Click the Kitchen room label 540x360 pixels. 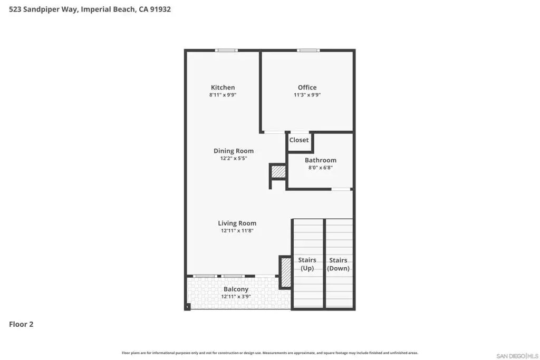pos(223,87)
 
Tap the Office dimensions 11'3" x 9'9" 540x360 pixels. pos(307,95)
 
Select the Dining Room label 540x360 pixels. pos(234,151)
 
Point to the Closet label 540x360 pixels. pos(299,140)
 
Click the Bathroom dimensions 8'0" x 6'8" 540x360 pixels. pos(321,168)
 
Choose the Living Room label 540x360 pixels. pos(237,223)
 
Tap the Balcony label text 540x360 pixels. pos(236,289)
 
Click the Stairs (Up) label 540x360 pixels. pos(307,264)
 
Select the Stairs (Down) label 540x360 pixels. pos(338,264)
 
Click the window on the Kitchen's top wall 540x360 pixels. pos(226,51)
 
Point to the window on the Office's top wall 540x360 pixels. pos(308,51)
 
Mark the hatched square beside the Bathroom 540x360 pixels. pos(278,172)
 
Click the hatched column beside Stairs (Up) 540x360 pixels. pos(286,272)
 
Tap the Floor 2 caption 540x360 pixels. pos(21,324)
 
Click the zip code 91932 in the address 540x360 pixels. pos(160,9)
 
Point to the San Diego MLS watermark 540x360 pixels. pos(517,356)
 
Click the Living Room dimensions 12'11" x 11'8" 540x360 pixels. pos(237,231)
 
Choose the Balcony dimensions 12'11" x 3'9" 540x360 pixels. pos(236,297)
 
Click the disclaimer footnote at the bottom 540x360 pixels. pos(270,353)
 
